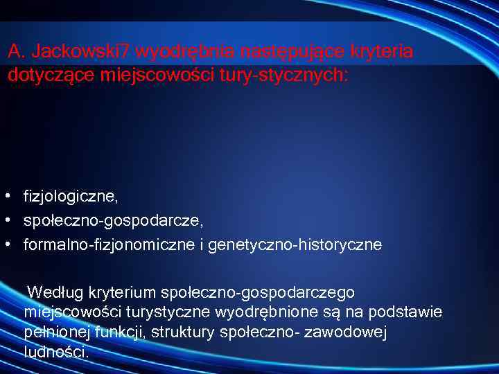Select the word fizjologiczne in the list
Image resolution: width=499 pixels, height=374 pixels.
tap(70, 197)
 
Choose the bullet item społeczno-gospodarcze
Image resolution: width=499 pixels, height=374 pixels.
tap(112, 221)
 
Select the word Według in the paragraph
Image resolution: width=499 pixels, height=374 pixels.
tap(51, 292)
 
